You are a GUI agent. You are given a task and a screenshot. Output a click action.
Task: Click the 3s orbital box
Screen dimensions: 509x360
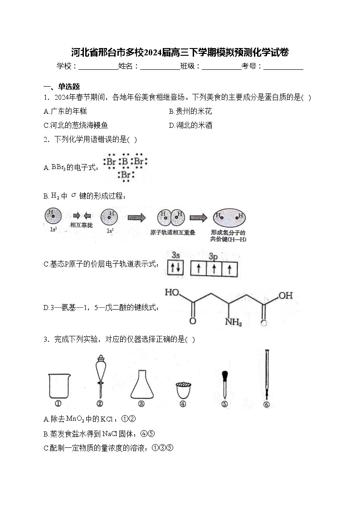coord(175,269)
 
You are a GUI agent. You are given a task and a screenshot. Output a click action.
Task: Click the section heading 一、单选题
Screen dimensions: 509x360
coord(62,87)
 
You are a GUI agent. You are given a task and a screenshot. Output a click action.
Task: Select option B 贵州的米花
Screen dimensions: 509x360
coord(190,111)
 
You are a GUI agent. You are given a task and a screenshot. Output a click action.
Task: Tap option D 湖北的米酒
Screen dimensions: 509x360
coord(190,125)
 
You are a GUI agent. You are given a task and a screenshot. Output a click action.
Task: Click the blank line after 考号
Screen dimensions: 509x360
coord(283,67)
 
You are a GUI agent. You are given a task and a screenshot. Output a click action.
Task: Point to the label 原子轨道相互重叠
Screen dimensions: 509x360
coord(172,233)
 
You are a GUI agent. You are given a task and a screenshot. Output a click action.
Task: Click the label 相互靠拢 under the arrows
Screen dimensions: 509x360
coord(82,225)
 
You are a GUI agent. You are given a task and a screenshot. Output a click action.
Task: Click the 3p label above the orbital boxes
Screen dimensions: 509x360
coord(214,257)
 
